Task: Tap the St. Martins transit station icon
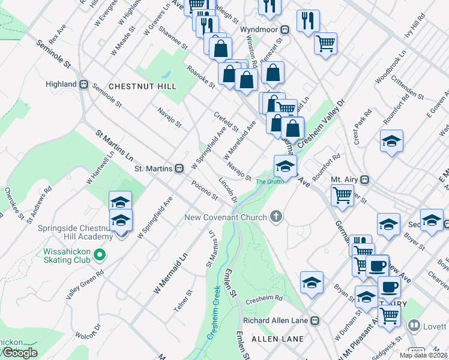179,169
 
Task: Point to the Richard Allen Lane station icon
314,320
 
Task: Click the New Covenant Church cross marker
276,217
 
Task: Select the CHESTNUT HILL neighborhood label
142,86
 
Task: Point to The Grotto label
268,182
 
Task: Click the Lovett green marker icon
414,326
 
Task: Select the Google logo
19,353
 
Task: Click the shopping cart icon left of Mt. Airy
342,194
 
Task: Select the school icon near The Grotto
285,167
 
